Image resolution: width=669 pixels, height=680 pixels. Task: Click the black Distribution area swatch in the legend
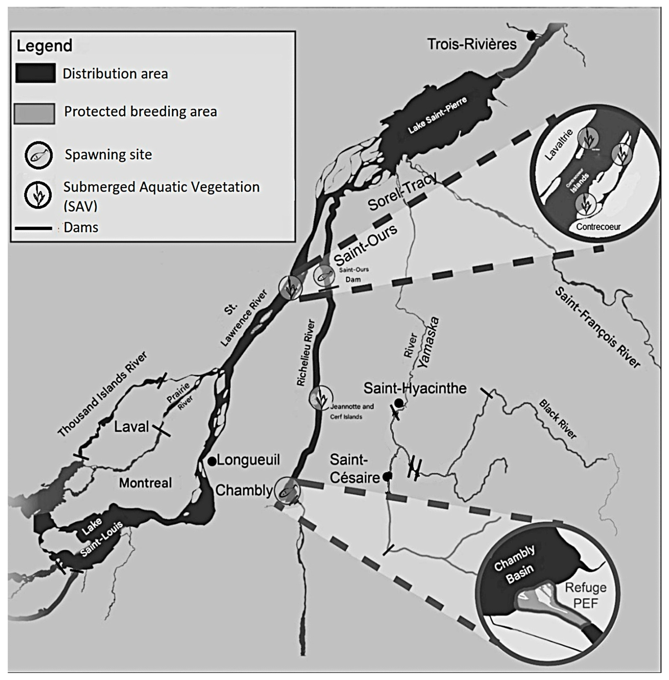tap(35, 73)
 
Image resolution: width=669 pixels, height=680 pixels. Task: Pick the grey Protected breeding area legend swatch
tap(35, 113)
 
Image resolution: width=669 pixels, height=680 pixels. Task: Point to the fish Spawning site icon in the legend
tap(38, 155)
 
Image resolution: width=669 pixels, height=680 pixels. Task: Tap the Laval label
tap(131, 427)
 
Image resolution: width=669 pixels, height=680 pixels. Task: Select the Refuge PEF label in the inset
tap(585, 595)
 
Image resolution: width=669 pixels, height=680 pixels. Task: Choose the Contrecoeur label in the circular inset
tap(598, 227)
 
